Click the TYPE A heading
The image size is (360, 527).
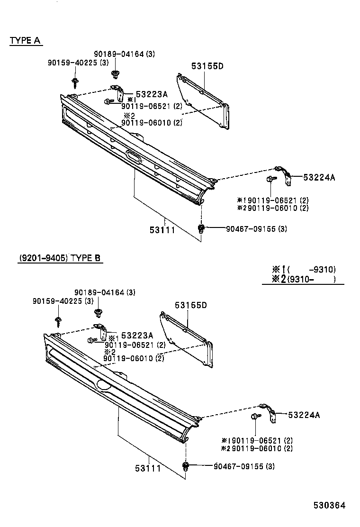(25, 41)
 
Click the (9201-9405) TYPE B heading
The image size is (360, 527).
(60, 258)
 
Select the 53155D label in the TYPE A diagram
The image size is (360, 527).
(207, 66)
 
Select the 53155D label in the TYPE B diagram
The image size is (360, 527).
(191, 305)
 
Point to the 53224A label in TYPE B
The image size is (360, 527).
(304, 415)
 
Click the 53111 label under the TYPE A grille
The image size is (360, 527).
(162, 230)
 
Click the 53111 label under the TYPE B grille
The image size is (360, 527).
(148, 469)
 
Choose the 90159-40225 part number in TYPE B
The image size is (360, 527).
(60, 301)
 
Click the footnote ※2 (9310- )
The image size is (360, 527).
(304, 279)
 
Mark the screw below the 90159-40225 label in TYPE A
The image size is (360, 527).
(75, 83)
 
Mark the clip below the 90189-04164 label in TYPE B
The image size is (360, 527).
(99, 313)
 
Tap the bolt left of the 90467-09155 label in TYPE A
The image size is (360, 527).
(201, 229)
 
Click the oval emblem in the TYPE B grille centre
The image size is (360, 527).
(104, 386)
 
